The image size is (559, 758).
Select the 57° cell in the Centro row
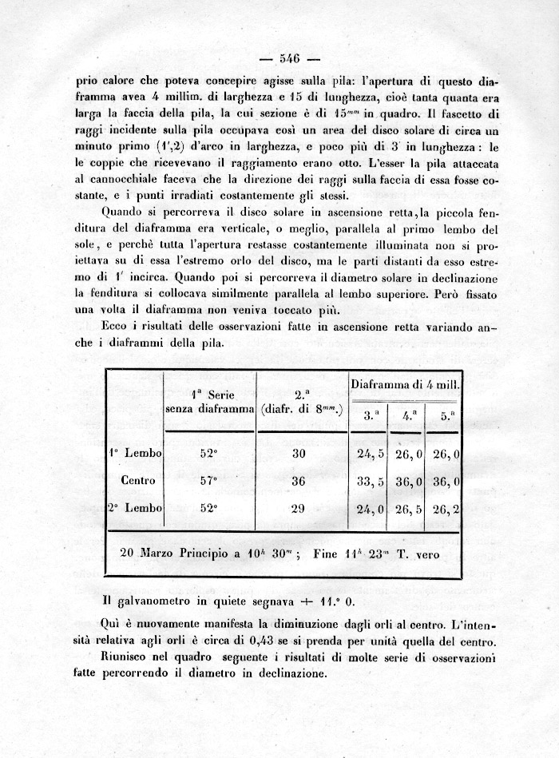[208, 481]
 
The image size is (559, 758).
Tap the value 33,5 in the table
[370, 481]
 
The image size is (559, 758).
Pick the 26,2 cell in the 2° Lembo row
[446, 508]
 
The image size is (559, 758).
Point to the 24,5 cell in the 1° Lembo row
[370, 454]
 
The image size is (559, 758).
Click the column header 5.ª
[446, 415]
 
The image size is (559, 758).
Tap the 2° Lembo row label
[135, 508]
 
